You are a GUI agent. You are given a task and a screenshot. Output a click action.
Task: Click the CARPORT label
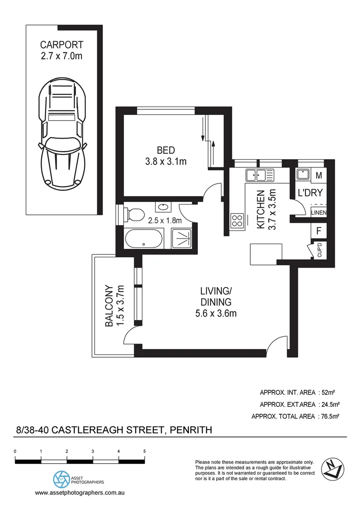pos(62,45)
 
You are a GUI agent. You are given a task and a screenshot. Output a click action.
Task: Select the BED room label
pos(166,151)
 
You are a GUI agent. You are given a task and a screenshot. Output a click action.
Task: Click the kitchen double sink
pos(259,175)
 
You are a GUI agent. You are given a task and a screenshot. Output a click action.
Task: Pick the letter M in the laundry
pos(319,175)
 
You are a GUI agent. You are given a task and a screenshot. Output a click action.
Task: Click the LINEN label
pos(319,213)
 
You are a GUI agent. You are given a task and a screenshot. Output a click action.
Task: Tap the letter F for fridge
pos(319,231)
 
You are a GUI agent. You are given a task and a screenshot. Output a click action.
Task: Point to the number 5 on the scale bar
pos(144,451)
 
